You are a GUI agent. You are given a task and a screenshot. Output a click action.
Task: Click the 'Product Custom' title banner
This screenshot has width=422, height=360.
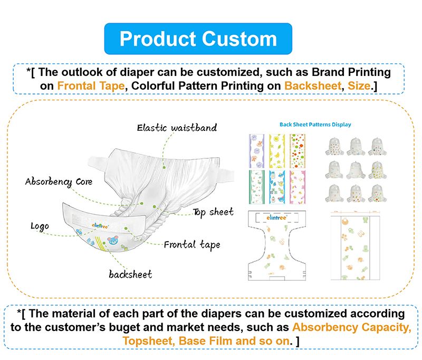[198, 39]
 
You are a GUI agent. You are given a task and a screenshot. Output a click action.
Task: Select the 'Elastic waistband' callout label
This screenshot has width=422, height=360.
[177, 127]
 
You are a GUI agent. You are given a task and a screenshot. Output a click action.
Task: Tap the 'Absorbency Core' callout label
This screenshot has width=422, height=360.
[59, 182]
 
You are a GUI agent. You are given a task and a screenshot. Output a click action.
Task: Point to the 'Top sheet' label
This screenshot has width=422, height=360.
[213, 212]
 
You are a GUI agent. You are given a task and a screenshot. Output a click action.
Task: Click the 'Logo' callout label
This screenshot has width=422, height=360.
[40, 226]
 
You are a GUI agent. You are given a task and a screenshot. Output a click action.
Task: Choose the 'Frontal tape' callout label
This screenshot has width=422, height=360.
[192, 244]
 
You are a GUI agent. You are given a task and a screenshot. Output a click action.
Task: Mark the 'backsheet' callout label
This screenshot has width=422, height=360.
[130, 274]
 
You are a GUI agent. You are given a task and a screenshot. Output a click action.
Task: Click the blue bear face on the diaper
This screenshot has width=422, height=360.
[113, 244]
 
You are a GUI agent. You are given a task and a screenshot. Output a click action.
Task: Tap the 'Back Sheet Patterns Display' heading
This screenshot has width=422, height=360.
[315, 125]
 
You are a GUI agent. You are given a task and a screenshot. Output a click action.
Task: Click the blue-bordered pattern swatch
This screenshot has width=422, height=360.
[277, 186]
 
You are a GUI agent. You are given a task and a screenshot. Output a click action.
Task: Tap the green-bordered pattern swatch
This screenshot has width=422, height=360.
[256, 186]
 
